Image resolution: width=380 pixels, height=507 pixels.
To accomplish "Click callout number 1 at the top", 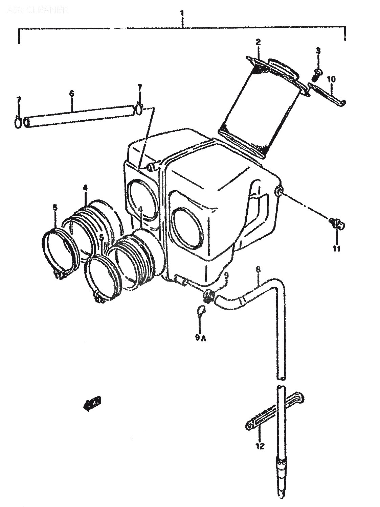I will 182,14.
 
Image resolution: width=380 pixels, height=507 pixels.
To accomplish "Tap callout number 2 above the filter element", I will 258,42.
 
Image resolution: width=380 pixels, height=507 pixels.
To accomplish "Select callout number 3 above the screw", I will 318,51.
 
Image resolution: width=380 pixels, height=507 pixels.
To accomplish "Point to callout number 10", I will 331,80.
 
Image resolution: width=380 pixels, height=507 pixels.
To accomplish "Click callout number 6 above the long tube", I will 71,94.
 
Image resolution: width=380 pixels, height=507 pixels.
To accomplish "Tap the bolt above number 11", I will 335,223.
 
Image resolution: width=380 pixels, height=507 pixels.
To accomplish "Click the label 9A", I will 200,337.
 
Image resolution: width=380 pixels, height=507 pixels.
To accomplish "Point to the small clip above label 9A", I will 201,309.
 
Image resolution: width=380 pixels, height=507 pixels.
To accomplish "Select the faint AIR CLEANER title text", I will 37,10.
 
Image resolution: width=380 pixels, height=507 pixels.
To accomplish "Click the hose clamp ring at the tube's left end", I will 19,122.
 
